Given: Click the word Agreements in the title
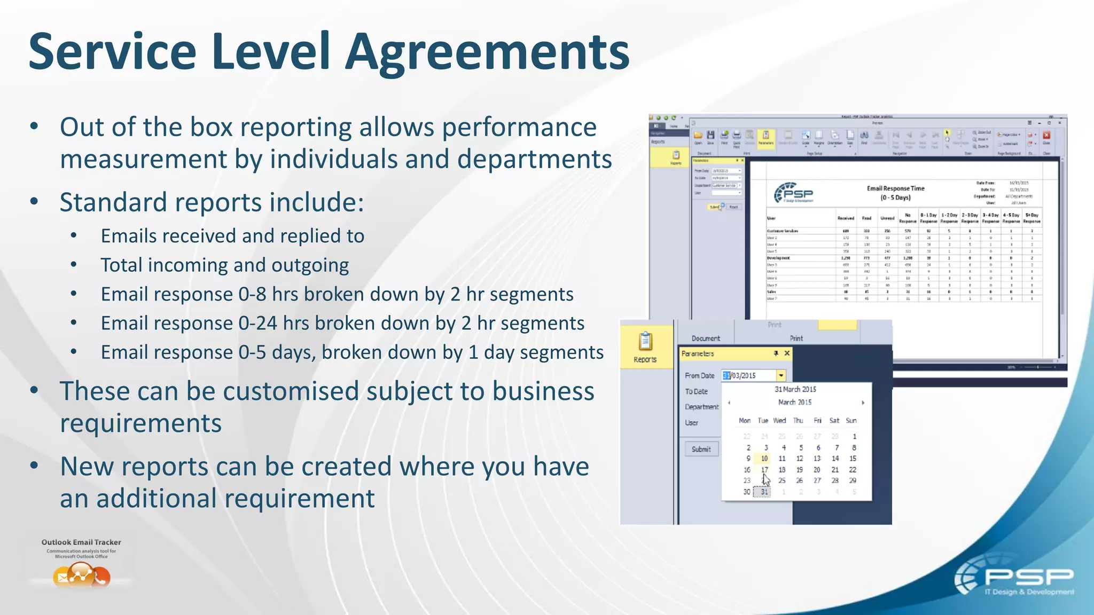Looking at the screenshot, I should [487, 52].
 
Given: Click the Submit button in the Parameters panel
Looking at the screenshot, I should [701, 449].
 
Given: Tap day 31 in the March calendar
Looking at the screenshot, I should [764, 492].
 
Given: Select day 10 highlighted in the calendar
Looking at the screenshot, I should [764, 459].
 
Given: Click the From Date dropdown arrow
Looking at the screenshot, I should [781, 375].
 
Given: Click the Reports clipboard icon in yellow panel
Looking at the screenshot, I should [645, 341].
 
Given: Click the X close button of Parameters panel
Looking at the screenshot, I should [787, 353].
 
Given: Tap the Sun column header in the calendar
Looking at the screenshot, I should [851, 421].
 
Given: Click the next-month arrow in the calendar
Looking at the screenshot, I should [863, 403].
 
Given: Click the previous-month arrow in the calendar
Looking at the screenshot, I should [729, 403].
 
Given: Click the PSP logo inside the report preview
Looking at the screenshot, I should [794, 193].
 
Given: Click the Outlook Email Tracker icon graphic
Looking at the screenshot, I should [82, 575].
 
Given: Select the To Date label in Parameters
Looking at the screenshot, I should [696, 391].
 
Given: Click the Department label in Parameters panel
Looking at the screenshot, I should [701, 407].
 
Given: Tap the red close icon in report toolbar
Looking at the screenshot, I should [1046, 135].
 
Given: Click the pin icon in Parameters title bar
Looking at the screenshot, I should [776, 353].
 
